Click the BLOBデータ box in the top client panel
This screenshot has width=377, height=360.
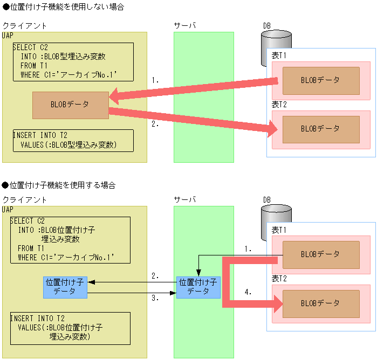pyautogui.click(x=70, y=105)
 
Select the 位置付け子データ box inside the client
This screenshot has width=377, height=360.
pyautogui.click(x=65, y=286)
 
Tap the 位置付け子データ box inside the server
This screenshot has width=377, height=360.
pyautogui.click(x=198, y=286)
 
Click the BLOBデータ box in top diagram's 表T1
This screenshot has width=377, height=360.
pyautogui.click(x=320, y=80)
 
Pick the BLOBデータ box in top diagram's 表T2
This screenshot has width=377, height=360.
pyautogui.click(x=320, y=129)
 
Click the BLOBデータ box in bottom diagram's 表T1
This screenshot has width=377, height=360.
pyautogui.click(x=320, y=254)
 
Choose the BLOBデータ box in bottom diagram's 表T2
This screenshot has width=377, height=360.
pyautogui.click(x=320, y=303)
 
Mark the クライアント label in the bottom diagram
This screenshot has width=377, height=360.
pyautogui.click(x=24, y=200)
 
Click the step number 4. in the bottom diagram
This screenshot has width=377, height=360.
pyautogui.click(x=248, y=292)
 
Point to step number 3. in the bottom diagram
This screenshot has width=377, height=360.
pyautogui.click(x=155, y=297)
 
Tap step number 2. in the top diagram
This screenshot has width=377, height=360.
pyautogui.click(x=155, y=123)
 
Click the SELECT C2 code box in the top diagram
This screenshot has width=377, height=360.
pyautogui.click(x=72, y=62)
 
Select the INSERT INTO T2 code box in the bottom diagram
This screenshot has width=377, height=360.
pyautogui.click(x=70, y=328)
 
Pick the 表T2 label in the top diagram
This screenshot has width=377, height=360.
pyautogui.click(x=279, y=105)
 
